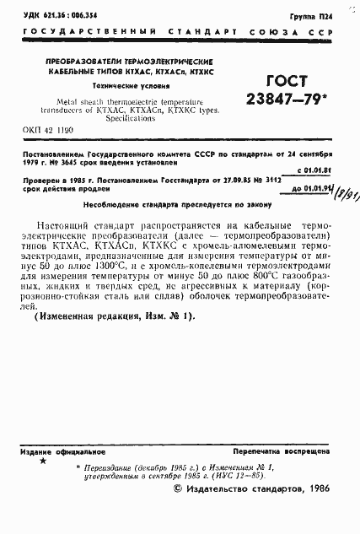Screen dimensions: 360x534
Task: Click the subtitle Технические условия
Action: (x=119, y=87)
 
